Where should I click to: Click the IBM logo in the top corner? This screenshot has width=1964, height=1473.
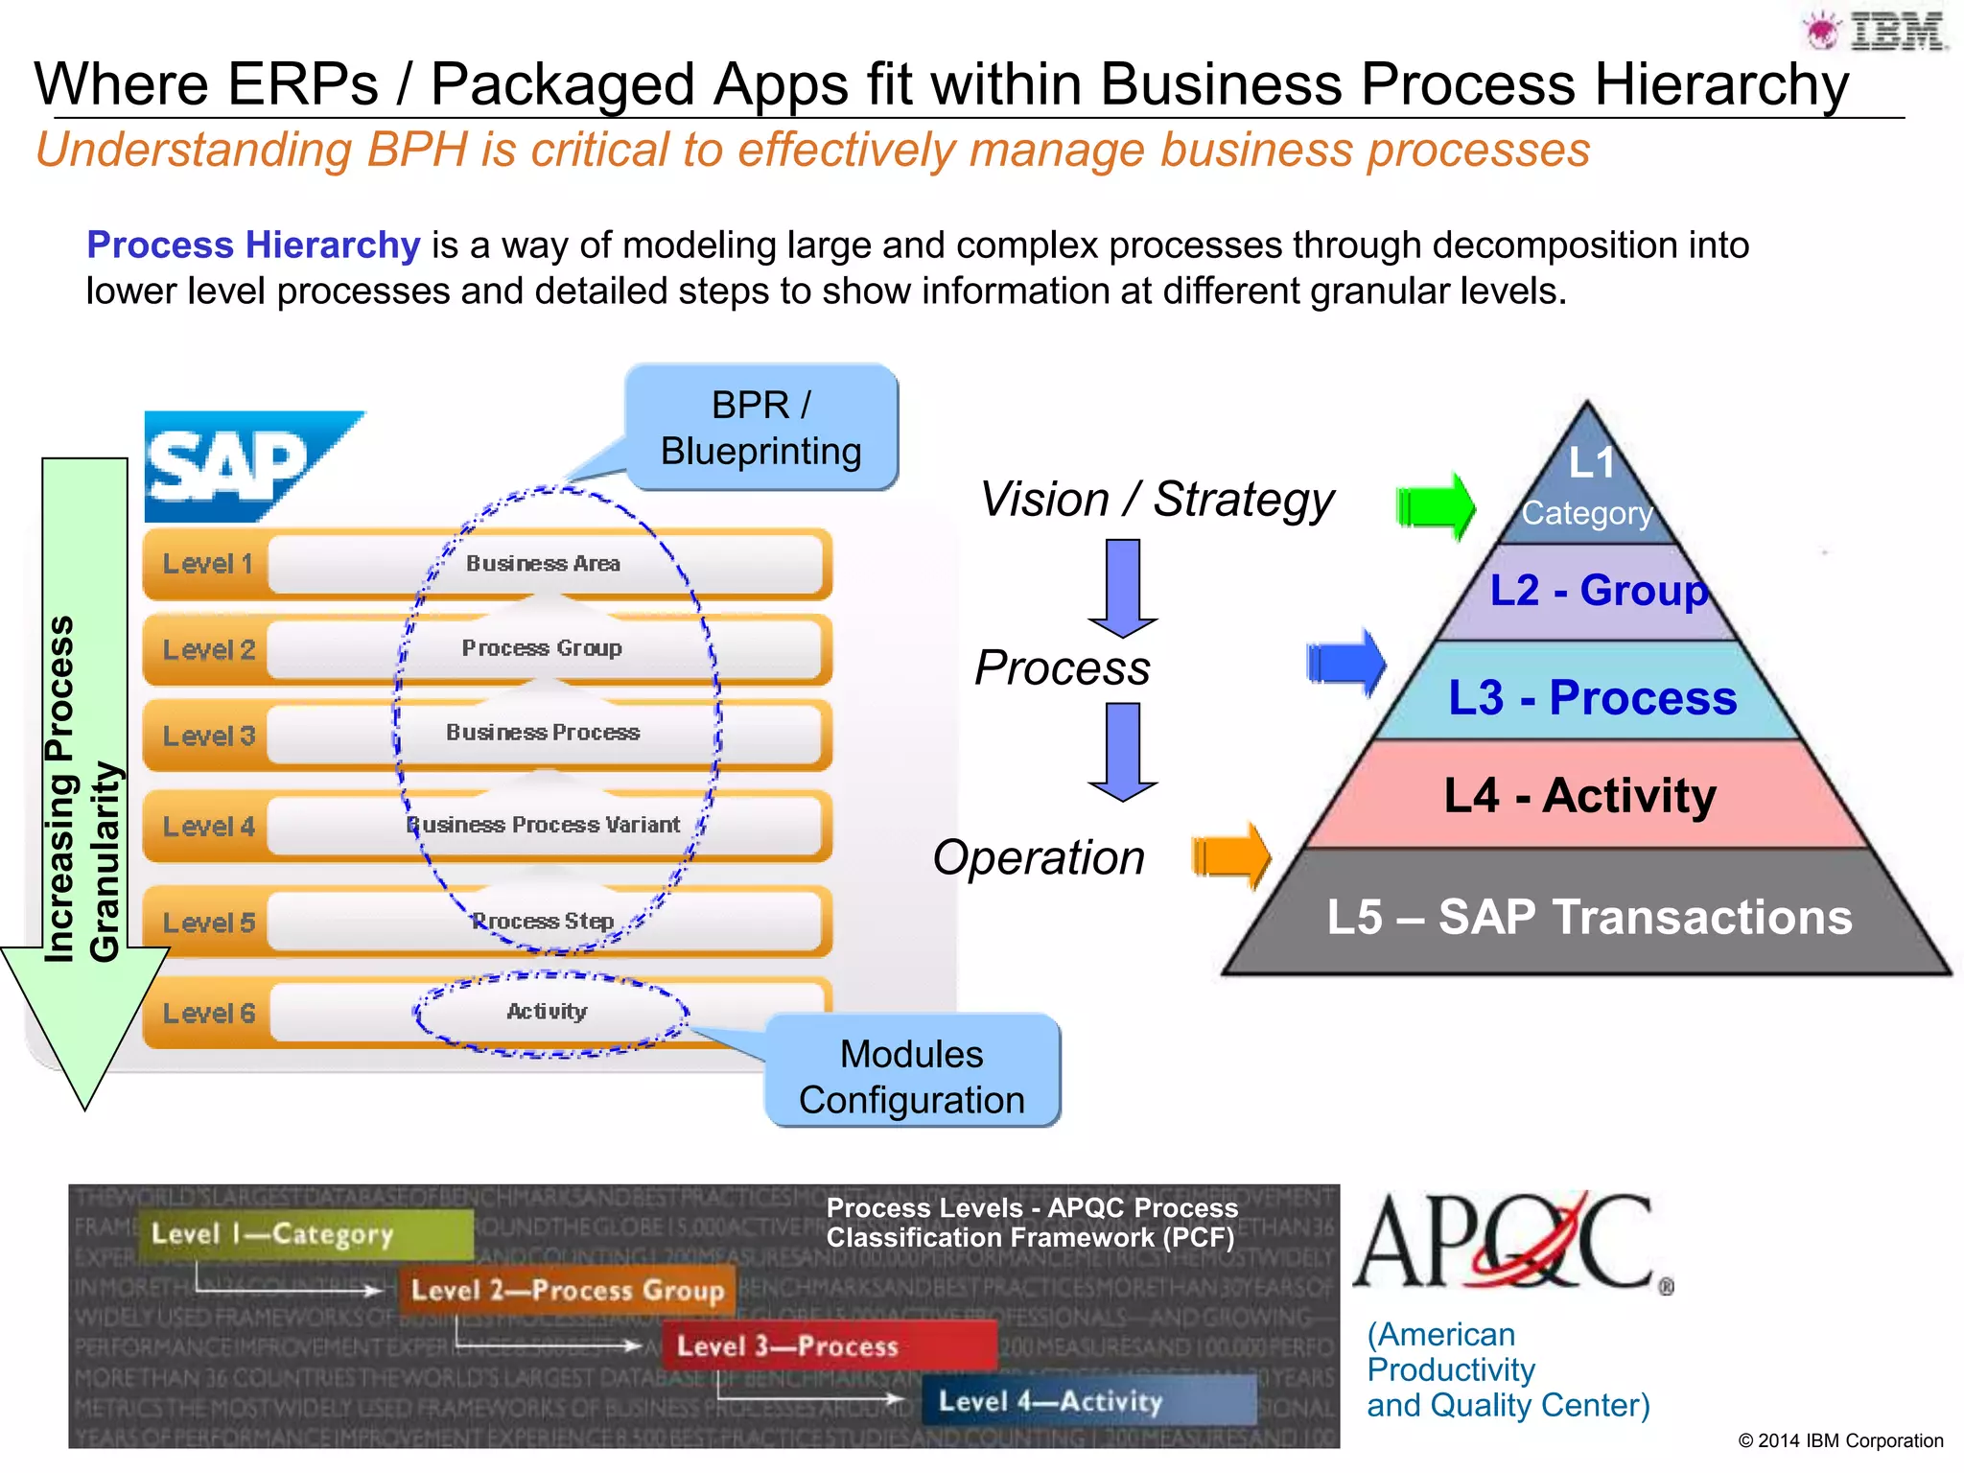pyautogui.click(x=1878, y=31)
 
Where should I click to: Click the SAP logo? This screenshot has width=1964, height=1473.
pyautogui.click(x=245, y=467)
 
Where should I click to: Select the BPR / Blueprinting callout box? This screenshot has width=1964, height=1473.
pyautogui.click(x=761, y=428)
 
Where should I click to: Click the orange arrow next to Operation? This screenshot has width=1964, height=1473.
pyautogui.click(x=1231, y=855)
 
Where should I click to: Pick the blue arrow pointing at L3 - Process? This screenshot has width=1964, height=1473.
pyautogui.click(x=1346, y=663)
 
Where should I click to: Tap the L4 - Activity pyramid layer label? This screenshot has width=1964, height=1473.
pyautogui.click(x=1579, y=795)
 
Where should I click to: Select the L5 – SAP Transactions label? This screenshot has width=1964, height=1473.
pyautogui.click(x=1589, y=916)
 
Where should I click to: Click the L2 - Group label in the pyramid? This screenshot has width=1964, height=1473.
pyautogui.click(x=1599, y=590)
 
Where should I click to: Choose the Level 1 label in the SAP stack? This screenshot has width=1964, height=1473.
pyautogui.click(x=207, y=564)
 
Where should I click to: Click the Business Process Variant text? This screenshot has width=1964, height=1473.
pyautogui.click(x=544, y=825)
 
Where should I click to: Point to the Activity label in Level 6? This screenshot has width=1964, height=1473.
pyautogui.click(x=547, y=1011)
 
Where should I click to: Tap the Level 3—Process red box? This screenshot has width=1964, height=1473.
pyautogui.click(x=830, y=1344)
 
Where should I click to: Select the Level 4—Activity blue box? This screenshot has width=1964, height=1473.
pyautogui.click(x=1088, y=1401)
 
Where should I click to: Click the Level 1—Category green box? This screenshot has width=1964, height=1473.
pyautogui.click(x=307, y=1233)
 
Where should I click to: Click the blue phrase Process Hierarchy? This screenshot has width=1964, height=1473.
pyautogui.click(x=253, y=245)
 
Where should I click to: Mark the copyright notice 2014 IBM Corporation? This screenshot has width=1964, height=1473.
pyautogui.click(x=1840, y=1440)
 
